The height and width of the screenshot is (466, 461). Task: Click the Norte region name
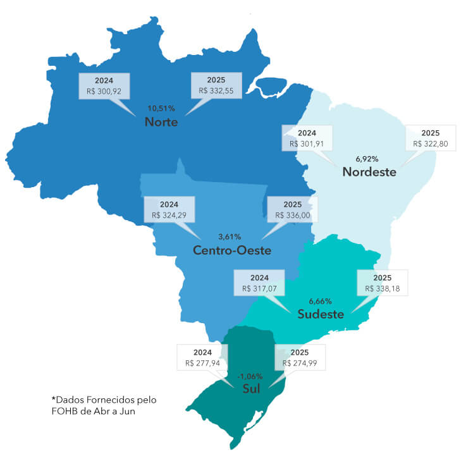point(161,121)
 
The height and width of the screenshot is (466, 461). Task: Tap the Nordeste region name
point(369,171)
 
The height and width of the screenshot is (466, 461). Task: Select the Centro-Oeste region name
point(232,250)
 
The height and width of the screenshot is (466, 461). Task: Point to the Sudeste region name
point(321,314)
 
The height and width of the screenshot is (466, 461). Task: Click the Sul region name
point(251,389)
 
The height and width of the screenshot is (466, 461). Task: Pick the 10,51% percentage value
point(161,107)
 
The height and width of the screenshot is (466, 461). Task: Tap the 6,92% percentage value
point(369,158)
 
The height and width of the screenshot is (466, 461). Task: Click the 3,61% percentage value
point(230,236)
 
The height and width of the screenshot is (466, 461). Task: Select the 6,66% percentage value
point(320,300)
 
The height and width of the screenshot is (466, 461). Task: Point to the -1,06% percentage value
point(250,376)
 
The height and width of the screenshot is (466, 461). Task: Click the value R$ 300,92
point(104,92)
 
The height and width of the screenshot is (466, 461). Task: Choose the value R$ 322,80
point(430,144)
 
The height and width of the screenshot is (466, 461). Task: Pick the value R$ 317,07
point(259,288)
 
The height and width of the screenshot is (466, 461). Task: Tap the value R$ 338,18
point(383,288)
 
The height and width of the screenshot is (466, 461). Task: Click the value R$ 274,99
point(300,363)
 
